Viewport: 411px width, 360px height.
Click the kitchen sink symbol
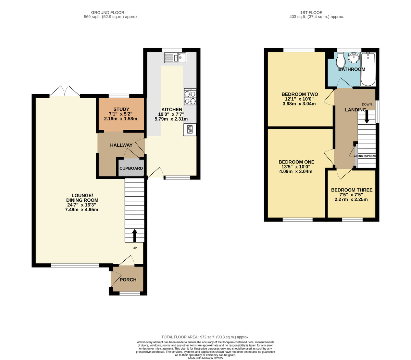pyautogui.click(x=175, y=58)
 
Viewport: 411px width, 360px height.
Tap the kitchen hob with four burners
pyautogui.click(x=190, y=97)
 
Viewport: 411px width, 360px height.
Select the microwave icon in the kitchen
pyautogui.click(x=190, y=129)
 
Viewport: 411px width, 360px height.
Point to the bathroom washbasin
pyautogui.click(x=353, y=58)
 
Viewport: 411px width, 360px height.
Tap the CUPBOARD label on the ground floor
pyautogui.click(x=131, y=169)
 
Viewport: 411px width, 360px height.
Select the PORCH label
pyautogui.click(x=128, y=280)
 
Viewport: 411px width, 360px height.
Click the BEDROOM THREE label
pyautogui.click(x=352, y=190)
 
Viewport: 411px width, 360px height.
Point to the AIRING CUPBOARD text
pyautogui.click(x=365, y=156)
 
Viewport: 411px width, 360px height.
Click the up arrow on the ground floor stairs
pyautogui.click(x=134, y=236)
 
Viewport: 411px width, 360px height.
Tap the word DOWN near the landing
pyautogui.click(x=367, y=104)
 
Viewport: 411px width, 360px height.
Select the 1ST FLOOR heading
pyautogui.click(x=316, y=13)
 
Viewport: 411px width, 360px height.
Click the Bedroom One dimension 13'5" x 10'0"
pyautogui.click(x=296, y=167)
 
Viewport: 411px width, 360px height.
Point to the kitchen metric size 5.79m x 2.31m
pyautogui.click(x=171, y=119)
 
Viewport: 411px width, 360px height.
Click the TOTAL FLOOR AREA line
pyautogui.click(x=206, y=337)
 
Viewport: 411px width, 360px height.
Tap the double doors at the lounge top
pyautogui.click(x=65, y=91)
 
